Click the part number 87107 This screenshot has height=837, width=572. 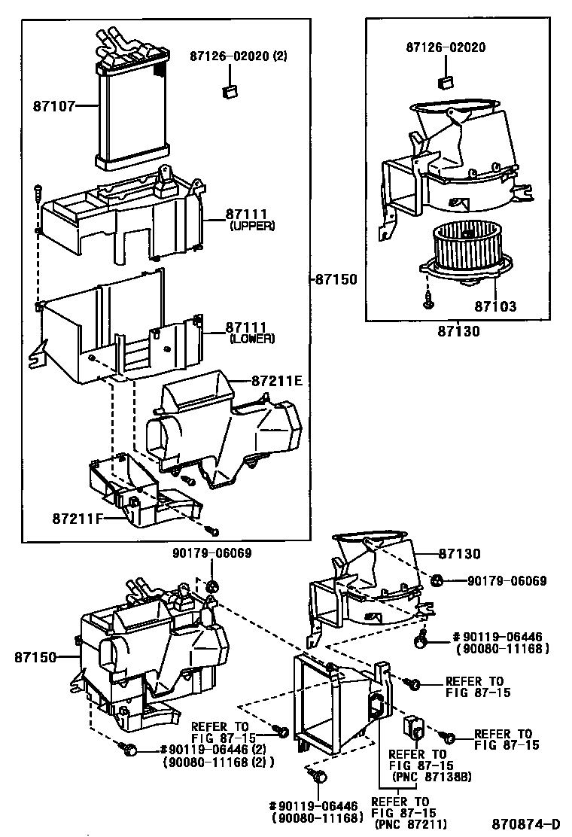(53, 106)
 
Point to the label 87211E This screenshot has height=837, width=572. (276, 381)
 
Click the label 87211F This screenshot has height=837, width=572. (78, 519)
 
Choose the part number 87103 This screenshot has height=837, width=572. (495, 307)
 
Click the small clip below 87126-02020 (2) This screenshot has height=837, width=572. (230, 91)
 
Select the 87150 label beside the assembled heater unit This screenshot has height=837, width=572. (34, 657)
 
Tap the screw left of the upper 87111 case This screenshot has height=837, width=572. (37, 193)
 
